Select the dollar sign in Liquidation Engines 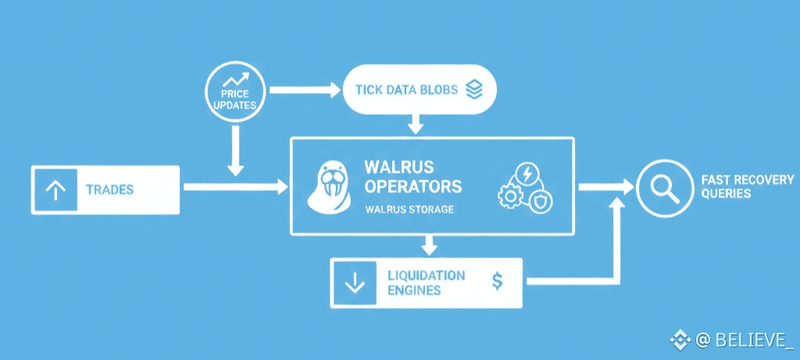click(497, 280)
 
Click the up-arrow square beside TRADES click(55, 190)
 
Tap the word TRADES click(109, 190)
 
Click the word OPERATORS click(412, 187)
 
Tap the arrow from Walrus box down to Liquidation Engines click(428, 244)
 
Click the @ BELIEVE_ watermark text click(744, 340)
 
